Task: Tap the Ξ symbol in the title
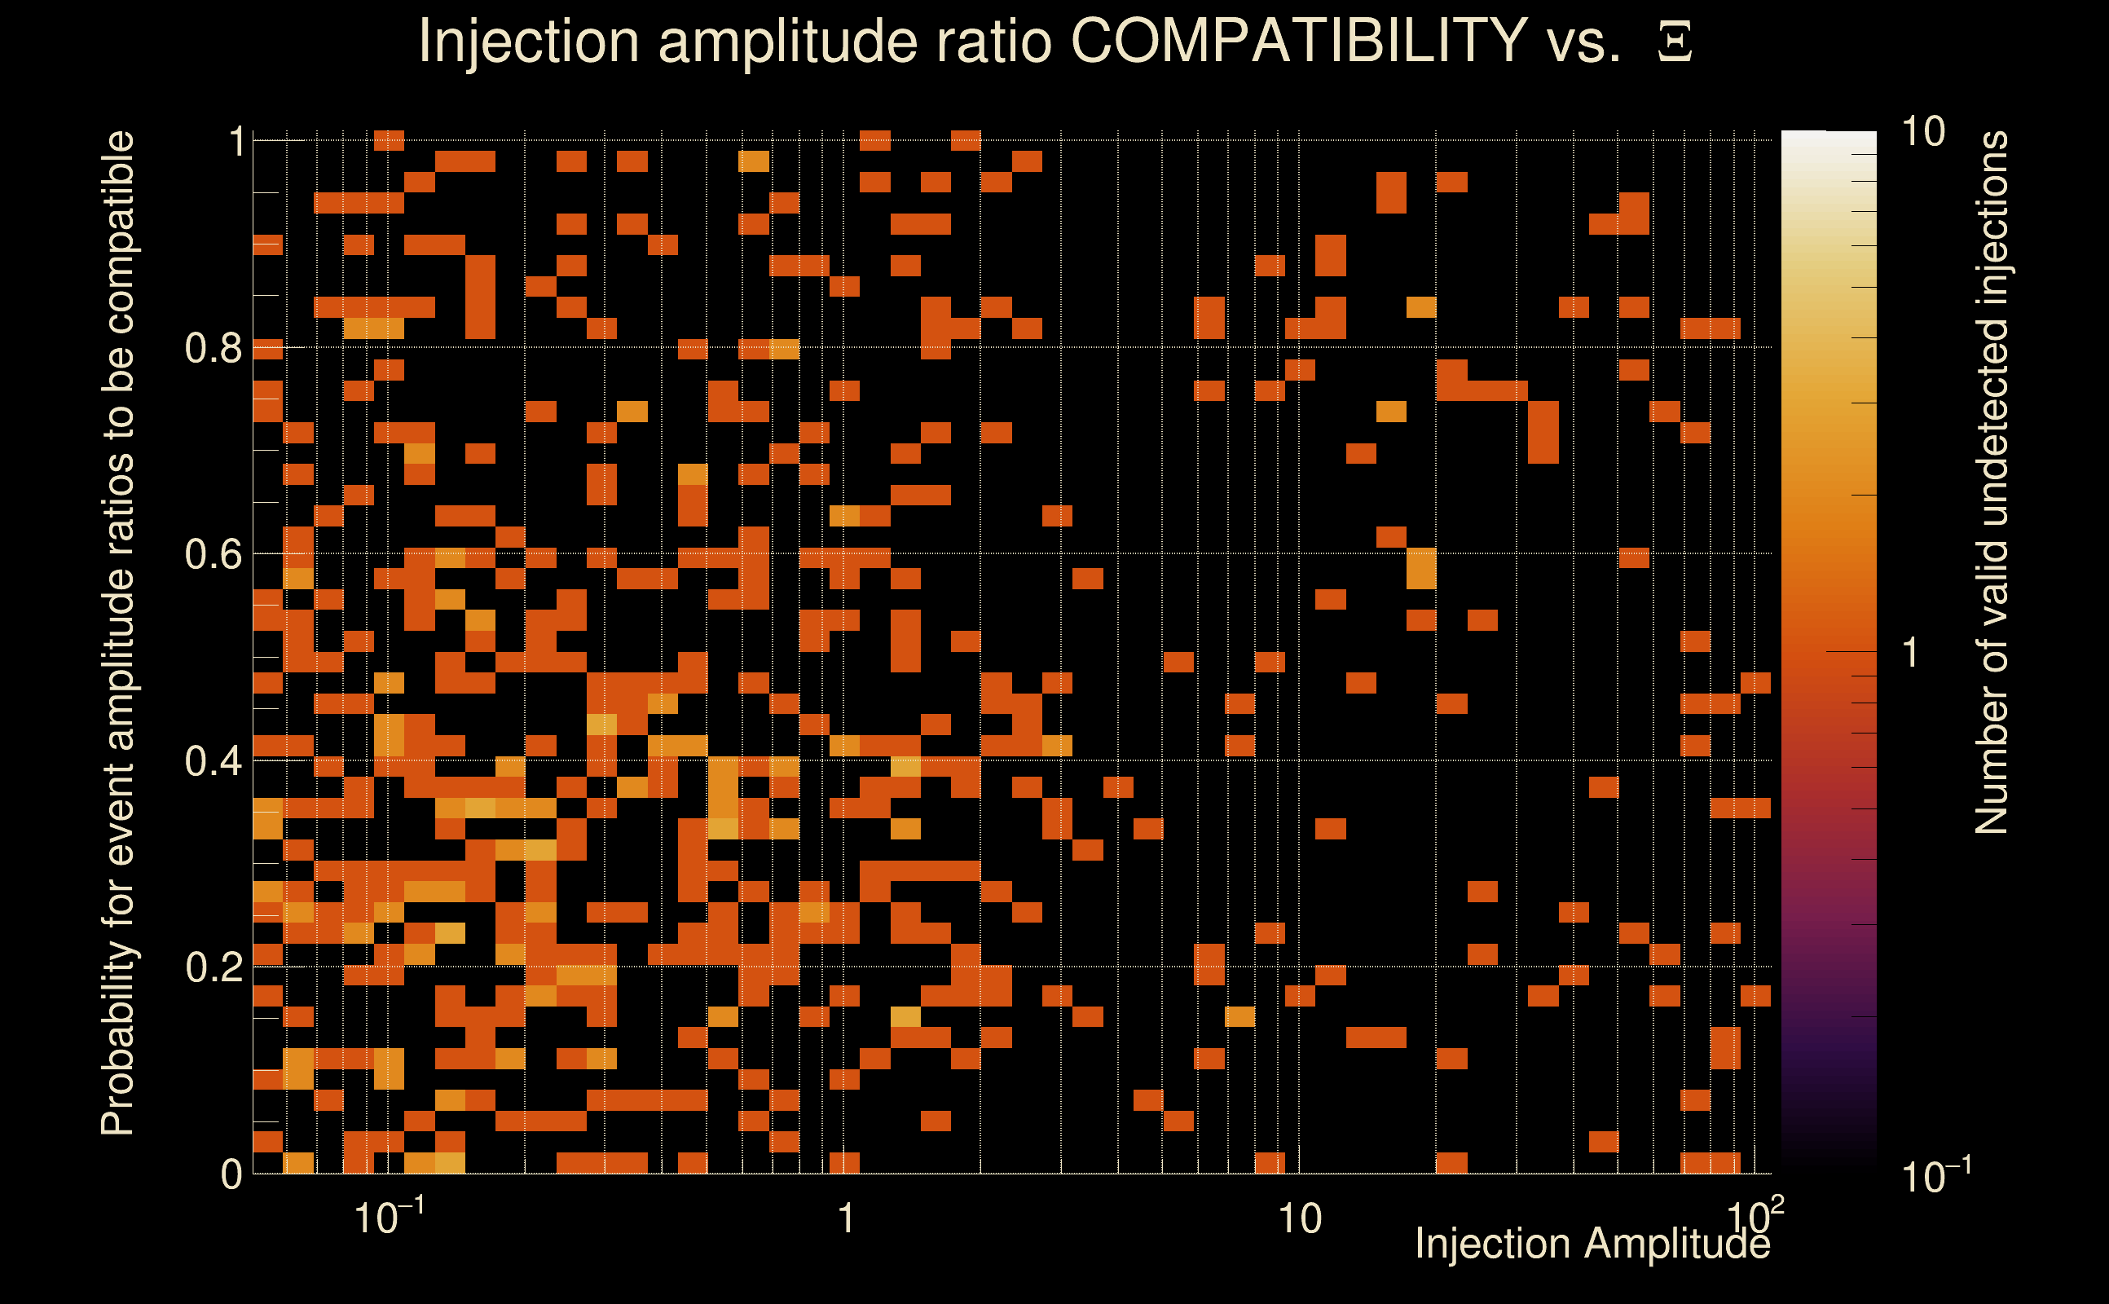point(1675,42)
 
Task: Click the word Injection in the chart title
point(528,41)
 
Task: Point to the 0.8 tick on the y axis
point(213,349)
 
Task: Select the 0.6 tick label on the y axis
point(213,554)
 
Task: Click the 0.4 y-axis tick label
point(213,761)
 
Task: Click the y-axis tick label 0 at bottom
point(231,1174)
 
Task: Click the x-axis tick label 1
point(846,1218)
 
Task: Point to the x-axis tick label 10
point(1299,1218)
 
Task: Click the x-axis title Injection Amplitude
point(1592,1244)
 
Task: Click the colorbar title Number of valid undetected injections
point(1991,483)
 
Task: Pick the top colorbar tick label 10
point(1922,132)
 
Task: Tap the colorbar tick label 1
point(1911,653)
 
